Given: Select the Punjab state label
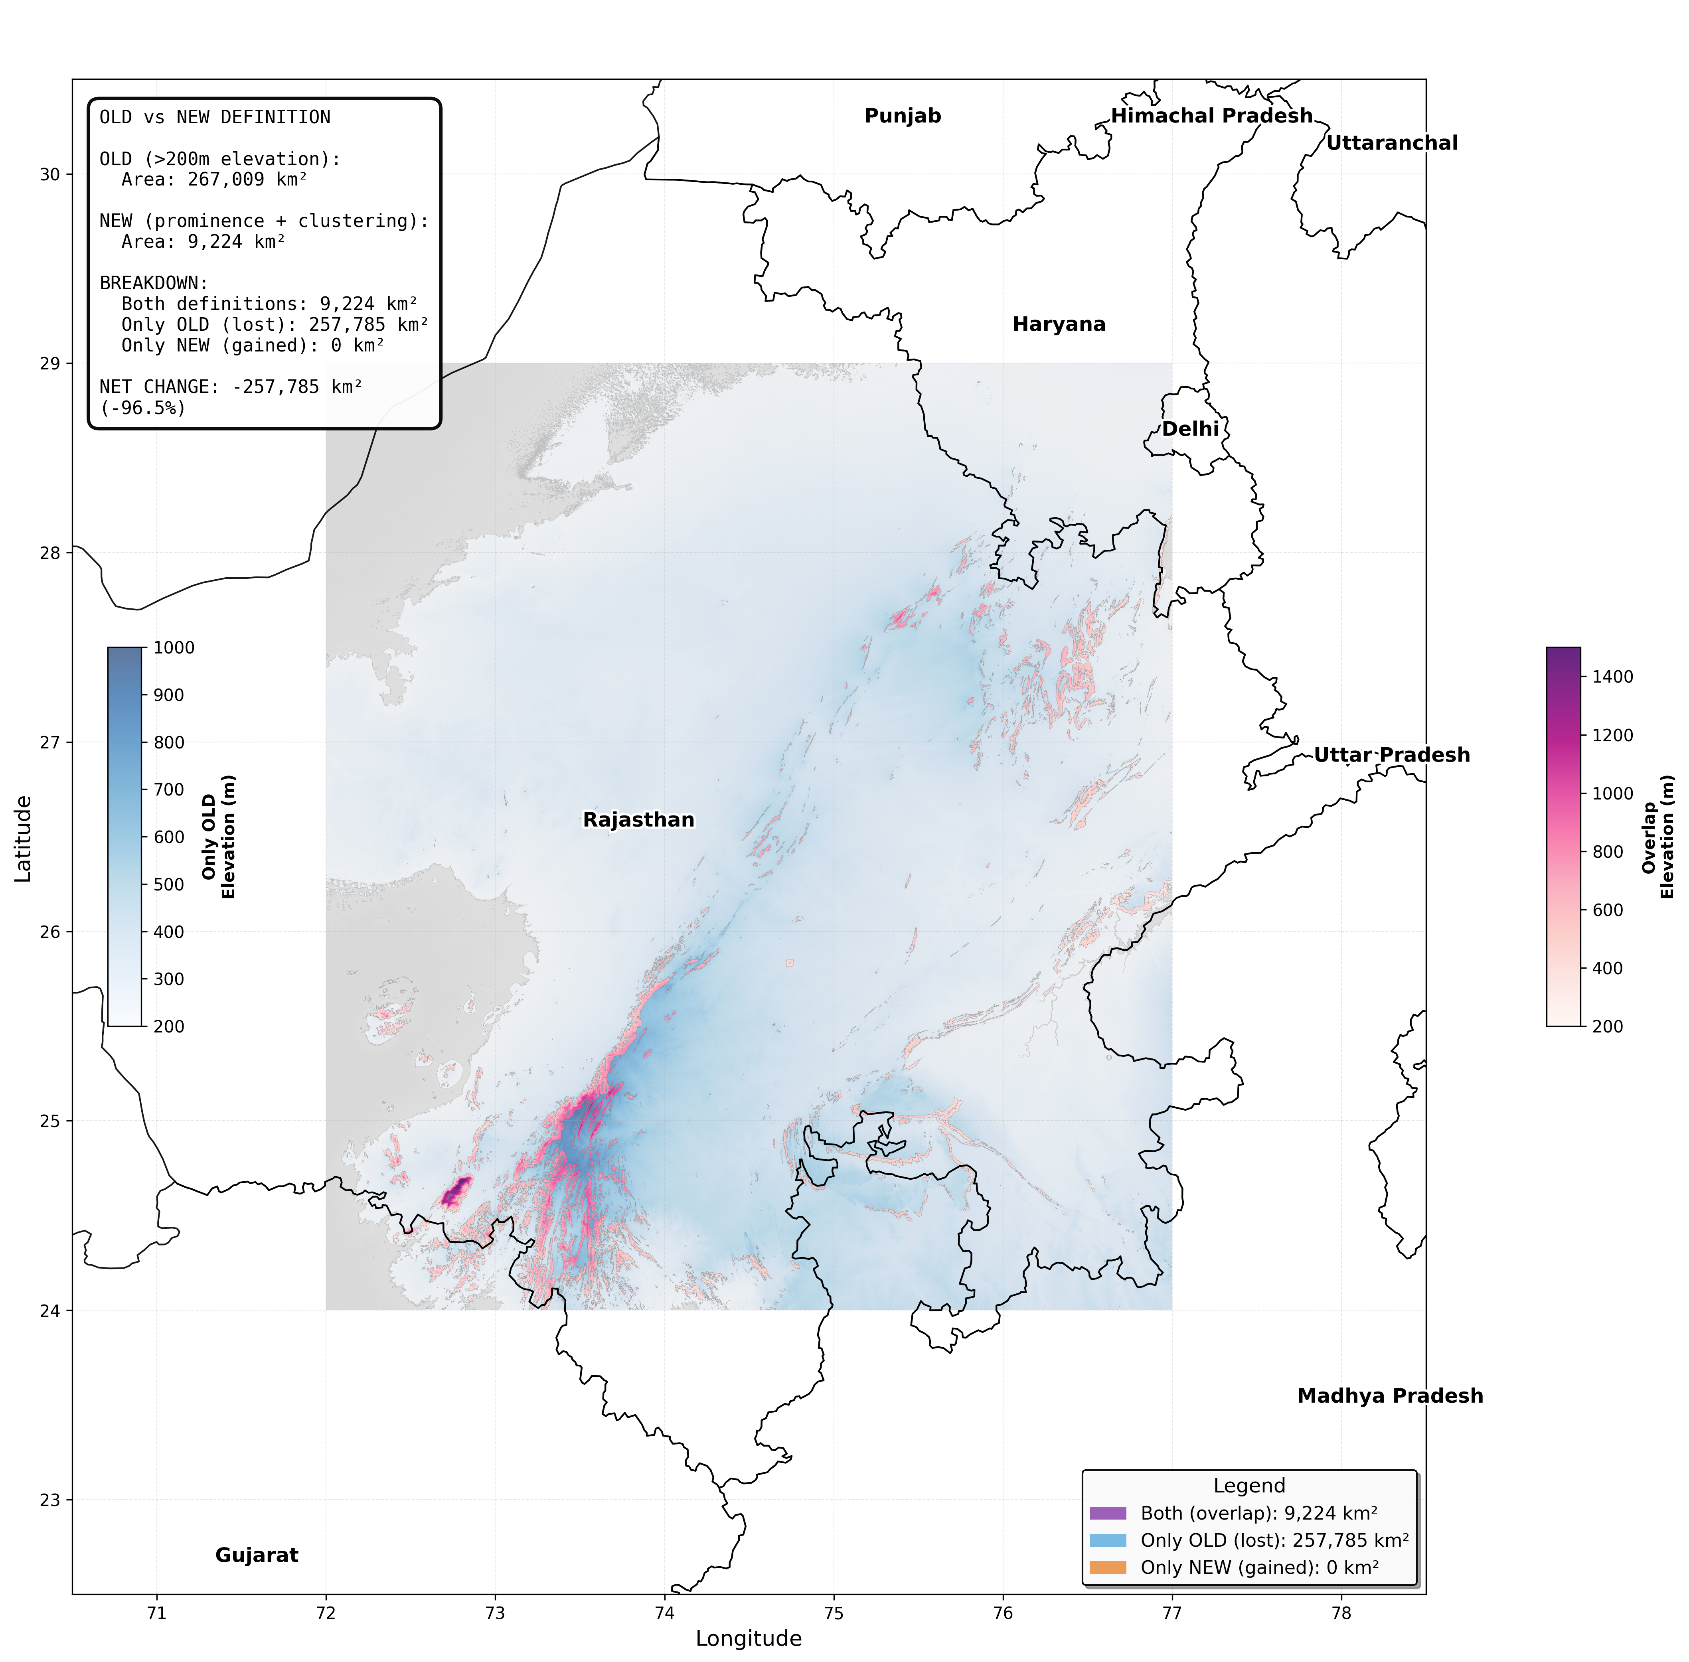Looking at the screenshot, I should click(903, 116).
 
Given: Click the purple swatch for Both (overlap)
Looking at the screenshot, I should click(1108, 1513).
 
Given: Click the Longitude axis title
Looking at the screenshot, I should click(748, 1638).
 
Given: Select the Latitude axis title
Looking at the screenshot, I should click(24, 838).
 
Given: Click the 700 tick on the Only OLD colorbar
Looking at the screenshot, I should click(168, 789).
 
